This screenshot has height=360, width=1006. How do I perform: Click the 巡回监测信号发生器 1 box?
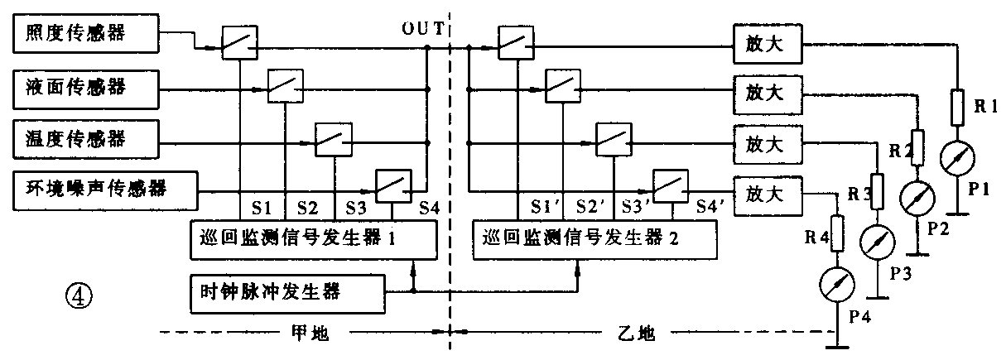tap(314, 240)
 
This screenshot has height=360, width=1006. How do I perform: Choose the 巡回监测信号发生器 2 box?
tap(594, 240)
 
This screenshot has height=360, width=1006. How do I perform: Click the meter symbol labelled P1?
tap(957, 158)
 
